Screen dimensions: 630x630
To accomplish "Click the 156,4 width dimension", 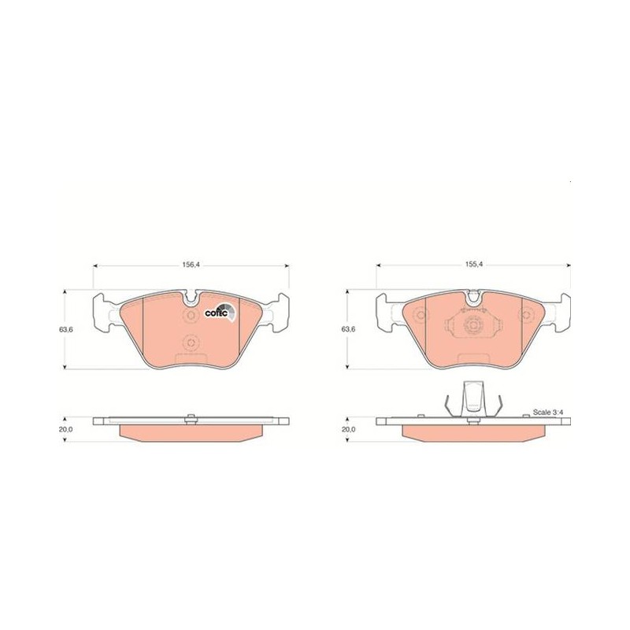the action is (191, 265).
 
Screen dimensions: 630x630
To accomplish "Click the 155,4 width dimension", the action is (474, 265).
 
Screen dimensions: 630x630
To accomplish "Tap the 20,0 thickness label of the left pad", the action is (66, 429).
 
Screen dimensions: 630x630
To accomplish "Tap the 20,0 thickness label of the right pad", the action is (348, 429).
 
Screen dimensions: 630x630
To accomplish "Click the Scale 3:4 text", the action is (547, 412).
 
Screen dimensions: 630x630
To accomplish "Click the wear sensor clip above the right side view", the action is (474, 399).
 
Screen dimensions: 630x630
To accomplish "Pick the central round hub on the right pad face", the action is (472, 324).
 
